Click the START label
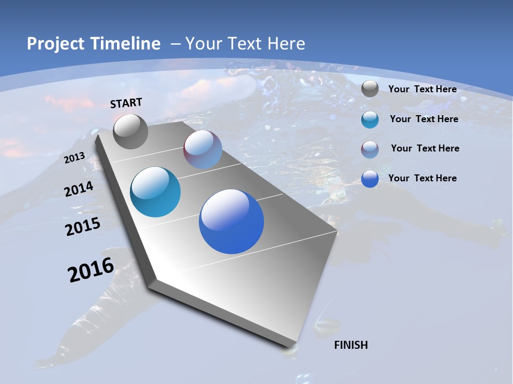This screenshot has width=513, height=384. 126,103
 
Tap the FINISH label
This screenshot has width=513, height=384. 351,345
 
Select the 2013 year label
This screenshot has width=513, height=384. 74,157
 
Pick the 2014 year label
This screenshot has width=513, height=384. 79,189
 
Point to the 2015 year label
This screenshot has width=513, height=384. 82,227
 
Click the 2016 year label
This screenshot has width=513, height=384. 91,270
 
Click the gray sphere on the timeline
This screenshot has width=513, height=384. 130,132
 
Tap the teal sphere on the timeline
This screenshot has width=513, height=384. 155,192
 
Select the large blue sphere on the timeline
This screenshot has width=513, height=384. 231,221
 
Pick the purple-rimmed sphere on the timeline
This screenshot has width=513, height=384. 203,149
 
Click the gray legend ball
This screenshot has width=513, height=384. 370,89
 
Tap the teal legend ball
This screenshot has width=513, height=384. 370,119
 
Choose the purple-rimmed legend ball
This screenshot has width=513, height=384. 370,149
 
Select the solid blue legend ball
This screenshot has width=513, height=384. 370,179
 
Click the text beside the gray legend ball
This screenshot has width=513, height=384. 422,89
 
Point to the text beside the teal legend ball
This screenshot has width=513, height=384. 424,119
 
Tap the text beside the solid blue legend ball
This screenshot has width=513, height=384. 422,178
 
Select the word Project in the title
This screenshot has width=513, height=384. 55,44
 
